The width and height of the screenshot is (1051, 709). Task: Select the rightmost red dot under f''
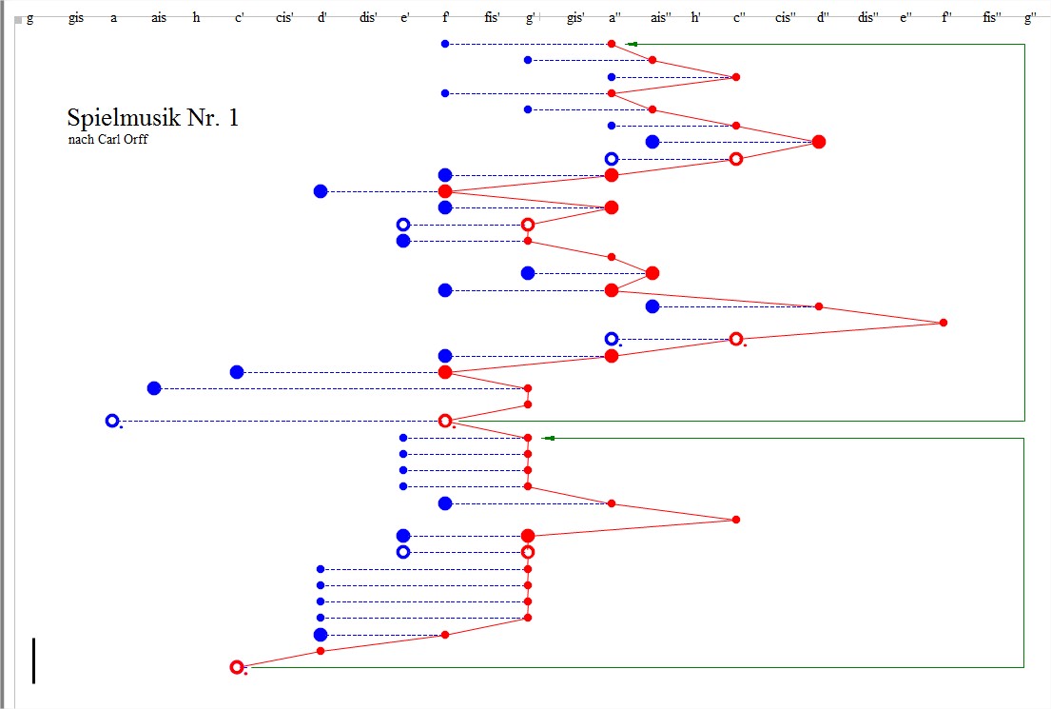[x=943, y=323]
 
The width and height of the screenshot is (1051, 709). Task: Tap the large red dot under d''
[x=818, y=142]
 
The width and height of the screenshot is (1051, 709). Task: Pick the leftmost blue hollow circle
[x=112, y=421]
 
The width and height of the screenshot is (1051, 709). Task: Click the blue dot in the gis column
[x=154, y=388]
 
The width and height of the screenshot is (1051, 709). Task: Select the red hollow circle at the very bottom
[x=237, y=667]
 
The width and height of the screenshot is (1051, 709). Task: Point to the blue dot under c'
[x=237, y=372]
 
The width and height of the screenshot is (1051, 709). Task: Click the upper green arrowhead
[x=632, y=44]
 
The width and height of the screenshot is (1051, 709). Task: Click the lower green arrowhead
[x=548, y=438]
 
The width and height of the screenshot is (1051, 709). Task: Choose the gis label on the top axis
[x=76, y=18]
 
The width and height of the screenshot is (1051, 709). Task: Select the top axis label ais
[x=158, y=18]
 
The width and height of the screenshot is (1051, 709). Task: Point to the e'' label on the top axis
[x=905, y=18]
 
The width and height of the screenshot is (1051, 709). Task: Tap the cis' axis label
[x=283, y=18]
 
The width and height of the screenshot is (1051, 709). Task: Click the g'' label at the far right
[x=1030, y=18]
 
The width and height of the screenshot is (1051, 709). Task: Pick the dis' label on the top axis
[x=368, y=18]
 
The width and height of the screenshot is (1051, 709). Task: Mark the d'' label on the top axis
[x=823, y=18]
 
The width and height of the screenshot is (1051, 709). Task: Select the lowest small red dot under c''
[x=735, y=520]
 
